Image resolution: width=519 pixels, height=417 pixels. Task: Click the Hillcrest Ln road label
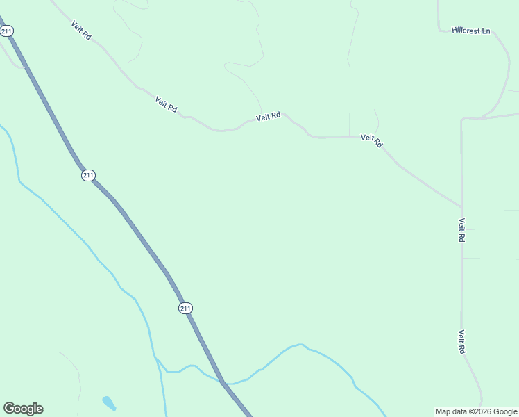coord(470,31)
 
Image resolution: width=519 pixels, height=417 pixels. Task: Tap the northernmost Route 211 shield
coord(7,31)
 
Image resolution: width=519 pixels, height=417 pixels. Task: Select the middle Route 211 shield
coord(87,175)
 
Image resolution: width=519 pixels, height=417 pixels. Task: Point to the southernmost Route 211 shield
coord(185,308)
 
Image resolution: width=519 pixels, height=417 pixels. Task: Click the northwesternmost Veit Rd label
coord(81,29)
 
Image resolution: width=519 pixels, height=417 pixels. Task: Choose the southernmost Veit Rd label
coord(461,342)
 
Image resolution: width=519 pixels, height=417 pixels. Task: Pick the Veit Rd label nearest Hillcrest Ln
coord(372,140)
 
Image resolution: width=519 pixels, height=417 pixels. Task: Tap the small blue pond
coord(109,403)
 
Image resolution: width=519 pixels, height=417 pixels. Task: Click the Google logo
coord(23,409)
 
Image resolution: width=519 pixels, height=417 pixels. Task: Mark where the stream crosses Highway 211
coord(223,382)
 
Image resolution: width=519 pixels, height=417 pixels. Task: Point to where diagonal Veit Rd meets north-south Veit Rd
coord(461,206)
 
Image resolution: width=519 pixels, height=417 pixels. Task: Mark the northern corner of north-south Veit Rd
coord(461,119)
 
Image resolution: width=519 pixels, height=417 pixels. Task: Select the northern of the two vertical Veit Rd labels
coord(461,230)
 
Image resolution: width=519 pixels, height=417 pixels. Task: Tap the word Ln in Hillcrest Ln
coord(486,31)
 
